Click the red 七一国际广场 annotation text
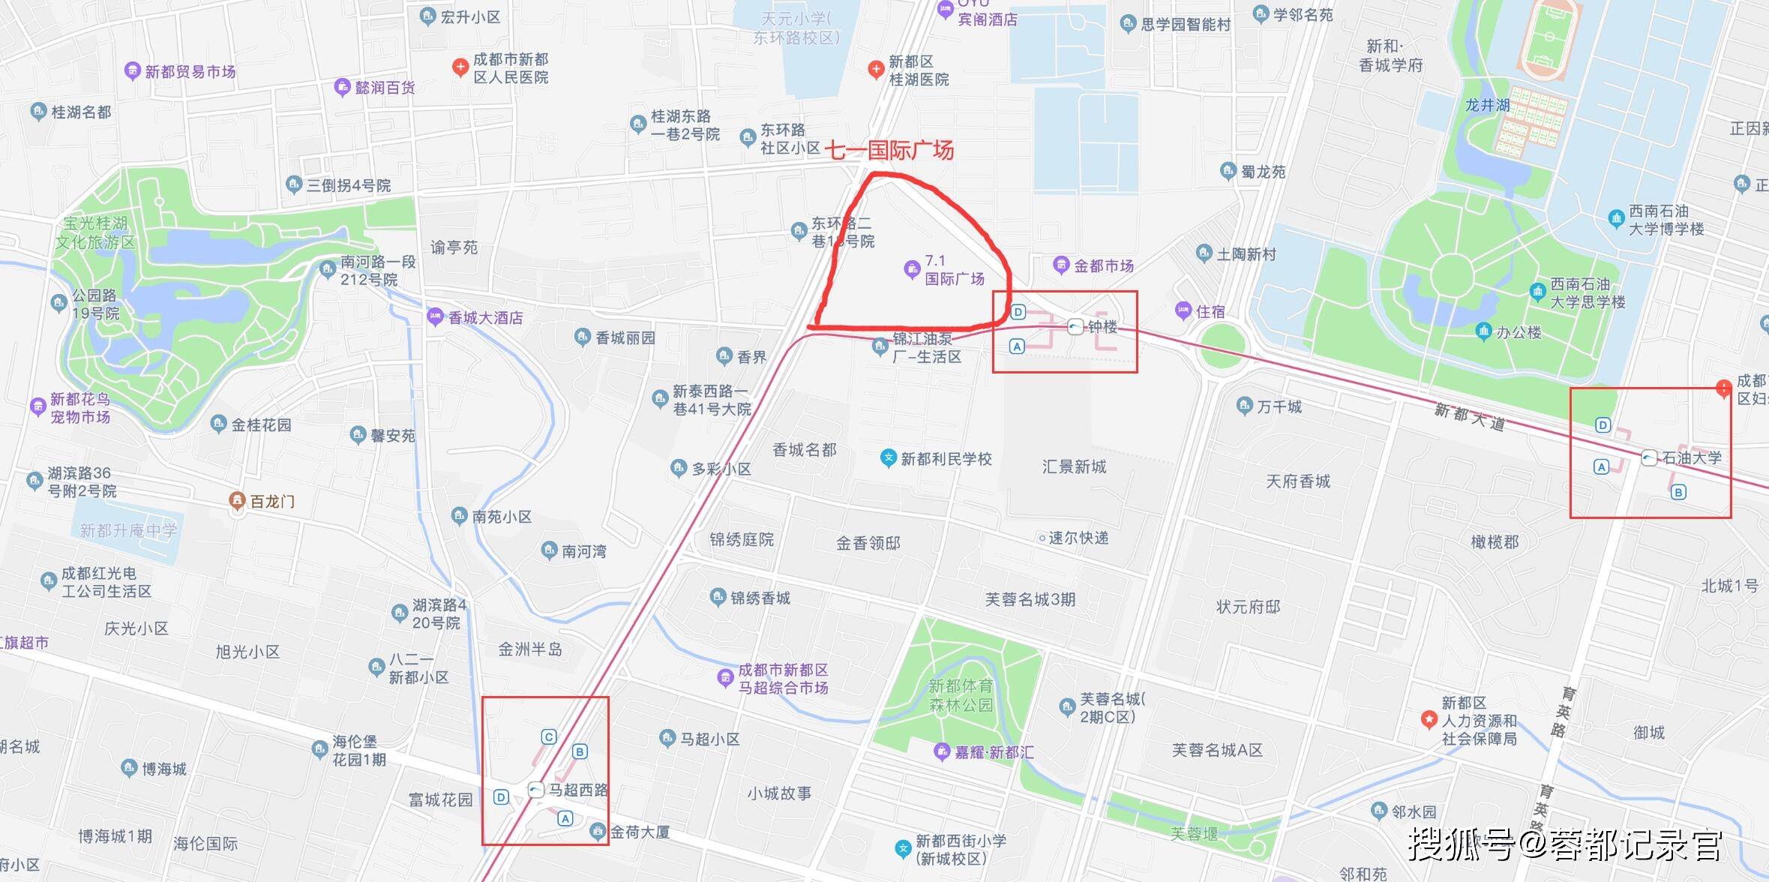(889, 151)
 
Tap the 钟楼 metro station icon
(1075, 327)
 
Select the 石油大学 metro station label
(1692, 457)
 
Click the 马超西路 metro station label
(578, 790)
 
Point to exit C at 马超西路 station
(549, 736)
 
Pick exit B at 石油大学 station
(1679, 492)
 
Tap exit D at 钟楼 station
(1018, 312)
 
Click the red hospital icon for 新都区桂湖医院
(875, 70)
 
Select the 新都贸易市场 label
(190, 72)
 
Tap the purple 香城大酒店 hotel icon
(435, 316)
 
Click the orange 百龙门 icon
(237, 500)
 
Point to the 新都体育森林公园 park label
(961, 695)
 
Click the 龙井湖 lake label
(1487, 106)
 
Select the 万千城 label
(1279, 406)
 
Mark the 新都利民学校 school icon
(888, 457)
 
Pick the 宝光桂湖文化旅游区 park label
(95, 232)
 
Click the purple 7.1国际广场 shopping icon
(912, 268)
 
